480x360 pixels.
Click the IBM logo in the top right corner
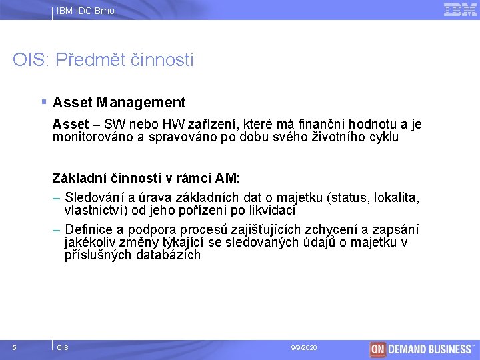pos(460,9)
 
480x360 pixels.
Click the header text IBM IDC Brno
pos(85,11)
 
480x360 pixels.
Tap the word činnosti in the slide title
pos(164,61)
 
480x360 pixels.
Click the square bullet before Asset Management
pos(43,102)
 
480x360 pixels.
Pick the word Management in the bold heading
pos(141,103)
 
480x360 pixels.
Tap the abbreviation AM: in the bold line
pos(229,178)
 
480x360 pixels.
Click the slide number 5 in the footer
pos(15,348)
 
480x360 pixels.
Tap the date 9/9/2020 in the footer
pos(304,348)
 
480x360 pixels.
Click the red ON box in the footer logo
pos(378,349)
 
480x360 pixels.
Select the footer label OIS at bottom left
pos(63,348)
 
